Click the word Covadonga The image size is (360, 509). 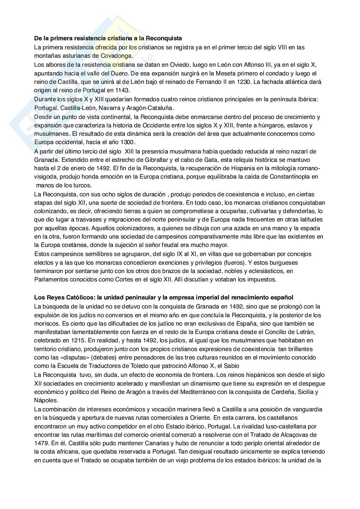click(x=116, y=56)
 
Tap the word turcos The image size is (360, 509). click(x=83, y=185)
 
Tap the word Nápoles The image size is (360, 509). click(x=46, y=401)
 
